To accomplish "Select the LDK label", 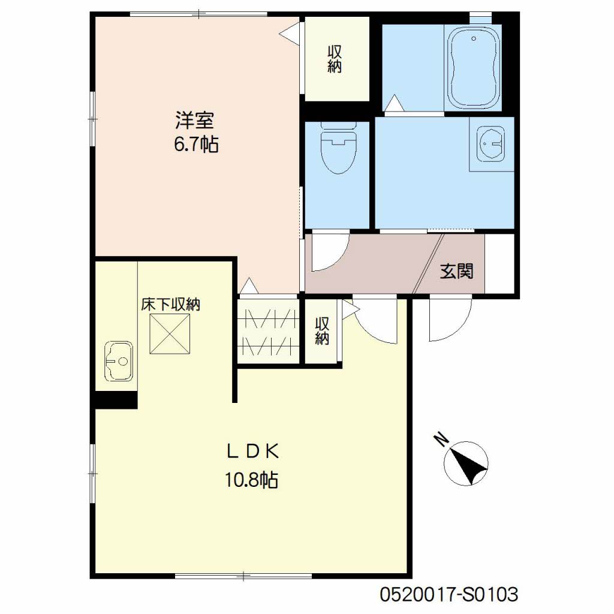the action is (x=252, y=452).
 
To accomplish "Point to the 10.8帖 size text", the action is (x=251, y=479).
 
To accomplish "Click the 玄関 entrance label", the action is (x=456, y=271).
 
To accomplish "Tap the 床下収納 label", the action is (x=171, y=304).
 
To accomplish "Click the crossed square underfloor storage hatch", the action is (x=170, y=334).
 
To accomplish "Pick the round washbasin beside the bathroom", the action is (x=490, y=143).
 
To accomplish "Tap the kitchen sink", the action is (x=119, y=361).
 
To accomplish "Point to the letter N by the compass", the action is (x=443, y=439).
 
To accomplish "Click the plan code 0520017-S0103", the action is (x=449, y=594).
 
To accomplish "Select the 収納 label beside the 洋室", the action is (x=335, y=59).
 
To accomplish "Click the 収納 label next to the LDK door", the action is (x=322, y=331).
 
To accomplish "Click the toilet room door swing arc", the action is (x=339, y=259).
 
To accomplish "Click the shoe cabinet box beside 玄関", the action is (x=499, y=263).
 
